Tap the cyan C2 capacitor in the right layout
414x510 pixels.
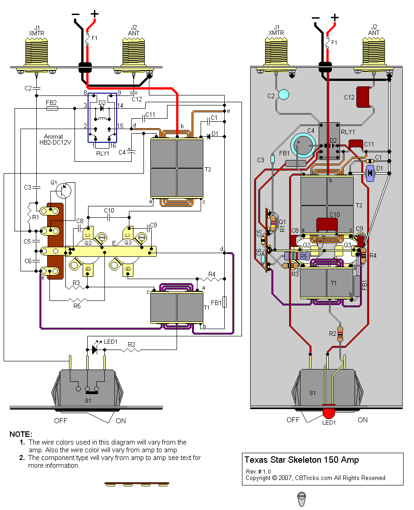283,95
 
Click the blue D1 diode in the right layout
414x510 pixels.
370,173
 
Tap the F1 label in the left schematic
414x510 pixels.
94,38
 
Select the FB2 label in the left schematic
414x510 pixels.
51,103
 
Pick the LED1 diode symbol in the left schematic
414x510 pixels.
94,350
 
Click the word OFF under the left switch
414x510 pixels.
60,420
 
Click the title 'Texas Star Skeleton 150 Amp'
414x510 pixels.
301,460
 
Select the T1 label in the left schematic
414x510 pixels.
207,308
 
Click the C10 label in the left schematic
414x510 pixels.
109,210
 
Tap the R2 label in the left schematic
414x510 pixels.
131,345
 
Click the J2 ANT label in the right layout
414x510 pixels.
374,30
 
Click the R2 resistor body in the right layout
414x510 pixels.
340,334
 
